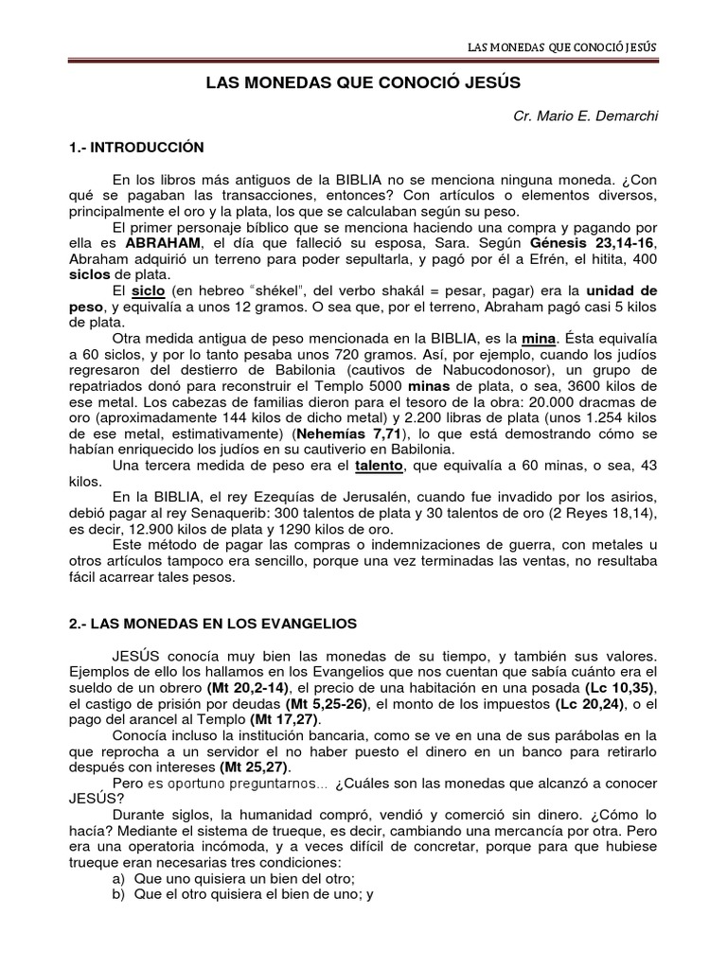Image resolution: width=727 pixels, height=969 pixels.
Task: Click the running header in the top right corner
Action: pyautogui.click(x=564, y=45)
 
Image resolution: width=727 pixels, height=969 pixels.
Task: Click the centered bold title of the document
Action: pyautogui.click(x=363, y=83)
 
